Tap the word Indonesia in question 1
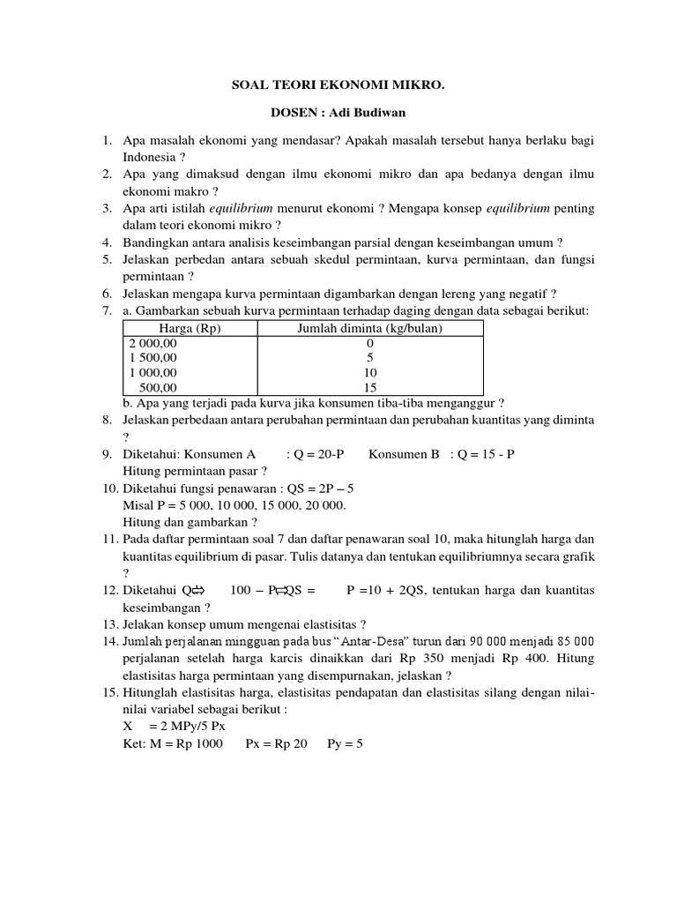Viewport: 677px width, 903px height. [x=150, y=156]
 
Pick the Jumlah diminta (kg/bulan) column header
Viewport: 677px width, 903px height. [x=368, y=329]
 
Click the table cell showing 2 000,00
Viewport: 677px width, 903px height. [x=153, y=343]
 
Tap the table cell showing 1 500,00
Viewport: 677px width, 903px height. [x=153, y=358]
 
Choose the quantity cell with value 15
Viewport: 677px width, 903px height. [x=369, y=387]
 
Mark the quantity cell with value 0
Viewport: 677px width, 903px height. [x=369, y=343]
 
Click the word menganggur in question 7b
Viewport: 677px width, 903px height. [x=462, y=403]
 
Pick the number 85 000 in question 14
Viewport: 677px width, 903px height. [x=569, y=640]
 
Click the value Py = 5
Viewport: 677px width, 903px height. [x=345, y=743]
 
